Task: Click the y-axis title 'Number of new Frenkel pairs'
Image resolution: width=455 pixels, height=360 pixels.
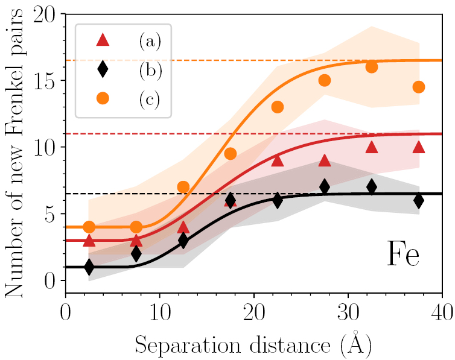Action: (13, 156)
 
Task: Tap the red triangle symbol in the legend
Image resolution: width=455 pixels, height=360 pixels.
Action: (103, 40)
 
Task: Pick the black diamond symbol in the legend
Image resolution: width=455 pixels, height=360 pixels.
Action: (103, 69)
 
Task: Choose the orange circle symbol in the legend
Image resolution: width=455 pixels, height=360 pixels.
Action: (103, 98)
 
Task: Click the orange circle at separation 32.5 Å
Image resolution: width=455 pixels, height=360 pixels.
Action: (372, 67)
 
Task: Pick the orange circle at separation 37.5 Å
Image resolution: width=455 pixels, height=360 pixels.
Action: (419, 87)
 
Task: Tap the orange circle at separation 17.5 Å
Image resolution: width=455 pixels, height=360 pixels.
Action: (230, 154)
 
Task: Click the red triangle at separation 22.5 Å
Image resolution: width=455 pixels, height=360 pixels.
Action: (277, 160)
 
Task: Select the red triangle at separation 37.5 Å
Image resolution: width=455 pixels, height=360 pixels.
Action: (419, 147)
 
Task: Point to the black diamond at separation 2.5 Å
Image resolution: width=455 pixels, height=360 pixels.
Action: (89, 267)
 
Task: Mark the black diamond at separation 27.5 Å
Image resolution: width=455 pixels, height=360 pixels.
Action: (324, 187)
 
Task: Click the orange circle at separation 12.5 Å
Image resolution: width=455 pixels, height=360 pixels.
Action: (183, 187)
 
